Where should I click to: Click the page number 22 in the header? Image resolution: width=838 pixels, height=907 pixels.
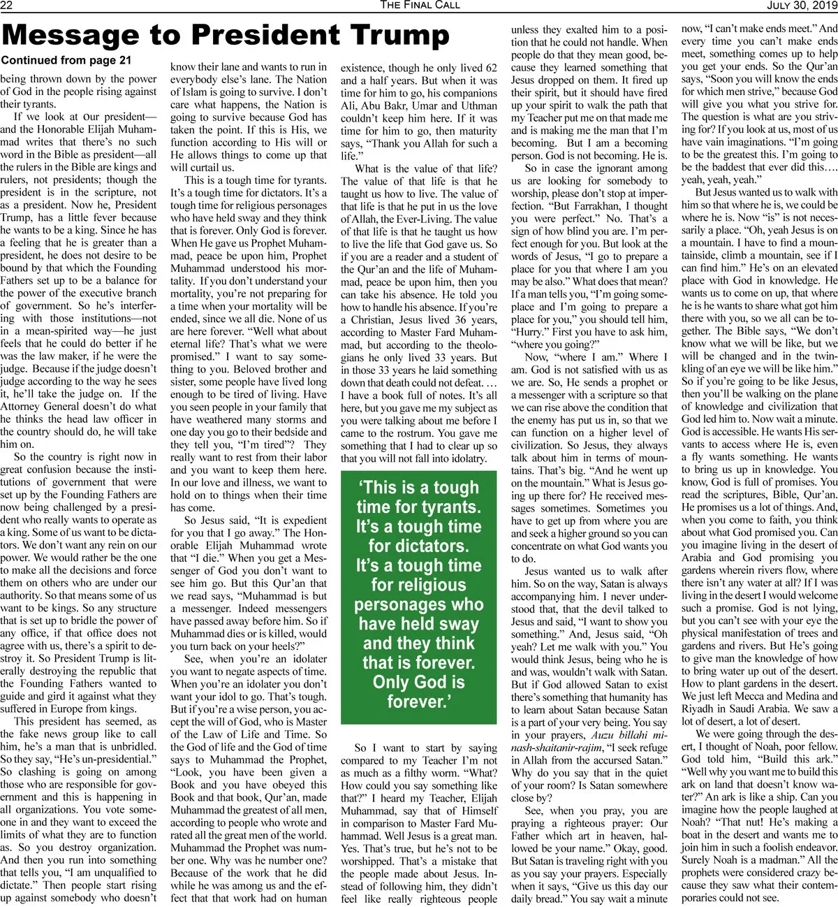click(x=8, y=6)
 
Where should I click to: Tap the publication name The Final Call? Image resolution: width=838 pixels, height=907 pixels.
click(x=420, y=6)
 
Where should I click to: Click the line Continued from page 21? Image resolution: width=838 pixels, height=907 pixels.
click(x=66, y=61)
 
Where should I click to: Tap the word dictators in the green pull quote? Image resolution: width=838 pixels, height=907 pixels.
click(x=418, y=546)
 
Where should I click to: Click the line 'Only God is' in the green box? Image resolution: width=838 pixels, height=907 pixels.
click(x=418, y=682)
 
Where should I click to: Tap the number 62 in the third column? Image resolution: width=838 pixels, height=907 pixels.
click(x=491, y=68)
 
